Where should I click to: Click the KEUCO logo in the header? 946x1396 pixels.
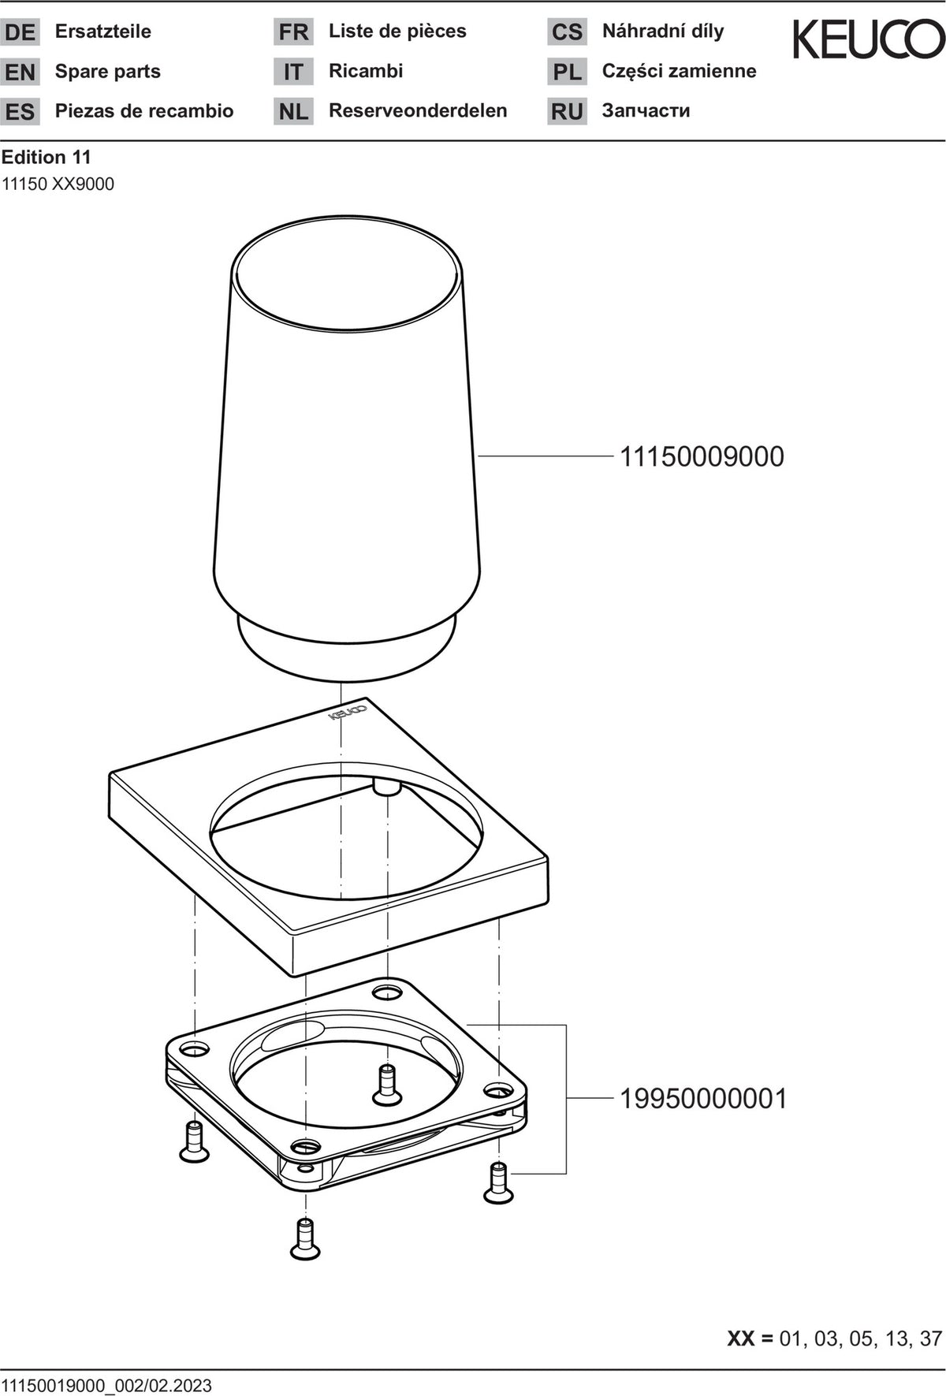click(x=869, y=39)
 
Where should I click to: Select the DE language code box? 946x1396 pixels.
click(x=20, y=32)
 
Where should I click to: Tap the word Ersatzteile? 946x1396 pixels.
click(x=103, y=32)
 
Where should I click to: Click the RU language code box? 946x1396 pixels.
click(x=567, y=111)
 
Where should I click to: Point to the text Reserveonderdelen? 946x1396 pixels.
click(x=418, y=110)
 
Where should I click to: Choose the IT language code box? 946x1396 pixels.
click(x=293, y=72)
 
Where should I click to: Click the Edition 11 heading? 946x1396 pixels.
click(x=46, y=158)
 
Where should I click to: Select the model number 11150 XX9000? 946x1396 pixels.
click(x=58, y=184)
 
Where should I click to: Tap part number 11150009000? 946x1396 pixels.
click(x=702, y=456)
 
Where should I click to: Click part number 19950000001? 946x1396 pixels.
click(x=703, y=1098)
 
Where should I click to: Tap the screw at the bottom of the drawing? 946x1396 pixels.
click(x=304, y=1238)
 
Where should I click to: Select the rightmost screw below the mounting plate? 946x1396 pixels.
click(x=498, y=1182)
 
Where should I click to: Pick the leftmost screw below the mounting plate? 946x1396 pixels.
click(x=194, y=1141)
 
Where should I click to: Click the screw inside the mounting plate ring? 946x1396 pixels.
click(x=386, y=1084)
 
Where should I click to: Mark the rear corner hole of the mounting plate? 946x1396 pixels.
click(x=386, y=990)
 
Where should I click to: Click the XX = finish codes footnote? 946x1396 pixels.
click(x=834, y=1338)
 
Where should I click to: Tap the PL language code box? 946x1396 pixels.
click(x=567, y=72)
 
